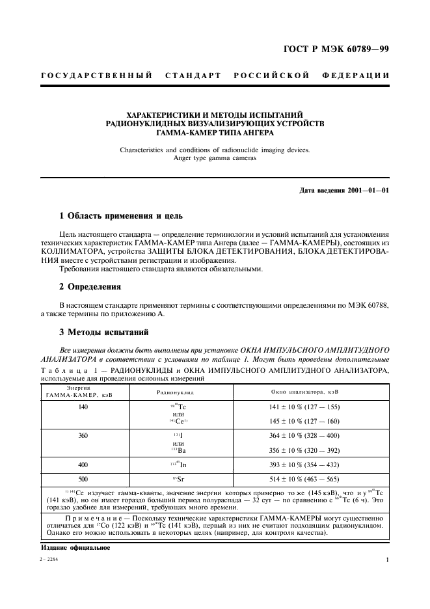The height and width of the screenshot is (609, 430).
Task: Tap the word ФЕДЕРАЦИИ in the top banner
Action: pos(355,75)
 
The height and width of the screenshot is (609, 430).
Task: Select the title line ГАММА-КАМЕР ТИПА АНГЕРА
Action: pos(215,132)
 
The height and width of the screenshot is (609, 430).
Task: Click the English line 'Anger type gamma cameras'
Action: pos(215,157)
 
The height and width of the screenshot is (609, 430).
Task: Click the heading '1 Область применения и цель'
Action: pos(121,215)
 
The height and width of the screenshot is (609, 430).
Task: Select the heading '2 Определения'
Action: pos(90,286)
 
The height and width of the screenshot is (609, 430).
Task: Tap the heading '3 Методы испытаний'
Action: pos(104,332)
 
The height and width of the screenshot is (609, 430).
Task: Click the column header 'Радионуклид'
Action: pos(175,393)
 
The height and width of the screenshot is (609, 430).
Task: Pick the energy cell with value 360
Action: pos(82,435)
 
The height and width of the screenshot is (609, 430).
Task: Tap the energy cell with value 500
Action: pos(82,478)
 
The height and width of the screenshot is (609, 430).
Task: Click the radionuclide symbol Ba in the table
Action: pos(176,450)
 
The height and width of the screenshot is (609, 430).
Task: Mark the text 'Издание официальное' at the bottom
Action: pos(72,547)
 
